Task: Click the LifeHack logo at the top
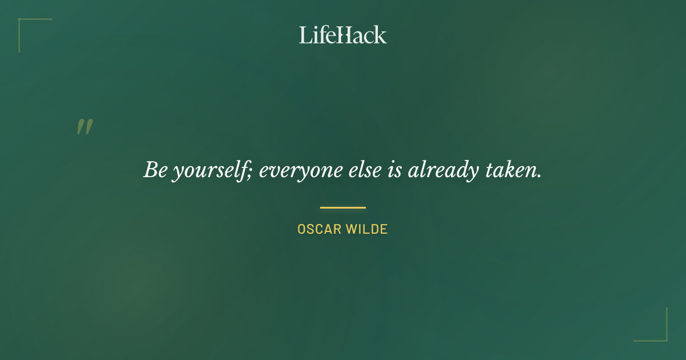point(342,35)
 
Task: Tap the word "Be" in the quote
point(154,170)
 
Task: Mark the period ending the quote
point(539,176)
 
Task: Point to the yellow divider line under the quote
point(342,207)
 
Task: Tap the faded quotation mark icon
point(85,127)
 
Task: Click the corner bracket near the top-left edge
point(23,23)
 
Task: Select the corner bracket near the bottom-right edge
point(663,337)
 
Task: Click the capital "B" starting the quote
point(150,170)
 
